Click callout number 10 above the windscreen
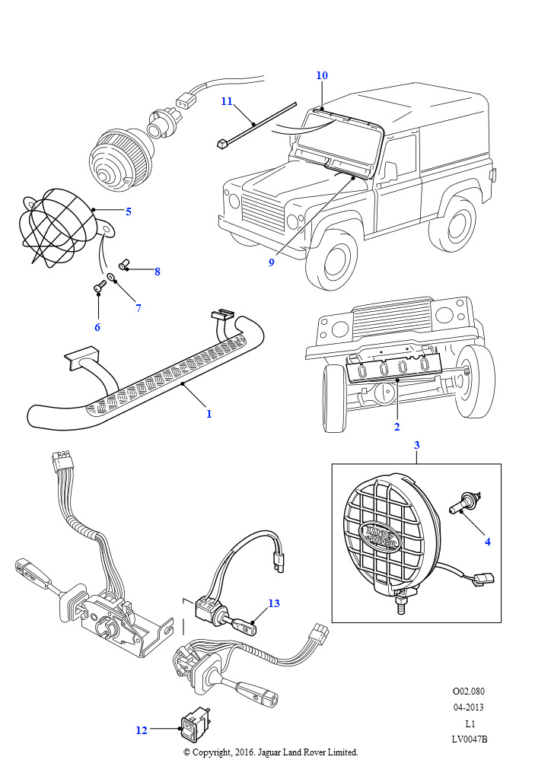[322, 75]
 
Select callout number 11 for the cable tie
[227, 101]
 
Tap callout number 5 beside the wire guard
[128, 211]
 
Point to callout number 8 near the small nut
[157, 272]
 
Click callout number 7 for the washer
[138, 308]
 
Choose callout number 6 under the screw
[97, 327]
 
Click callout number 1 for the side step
[209, 414]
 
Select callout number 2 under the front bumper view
[397, 427]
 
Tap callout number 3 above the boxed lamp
[417, 444]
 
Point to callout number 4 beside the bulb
[488, 542]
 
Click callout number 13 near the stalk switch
[273, 603]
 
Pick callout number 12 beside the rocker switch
[142, 730]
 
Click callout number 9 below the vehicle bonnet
[271, 262]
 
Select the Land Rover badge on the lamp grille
[381, 537]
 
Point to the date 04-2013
[469, 707]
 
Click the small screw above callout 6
[98, 288]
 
